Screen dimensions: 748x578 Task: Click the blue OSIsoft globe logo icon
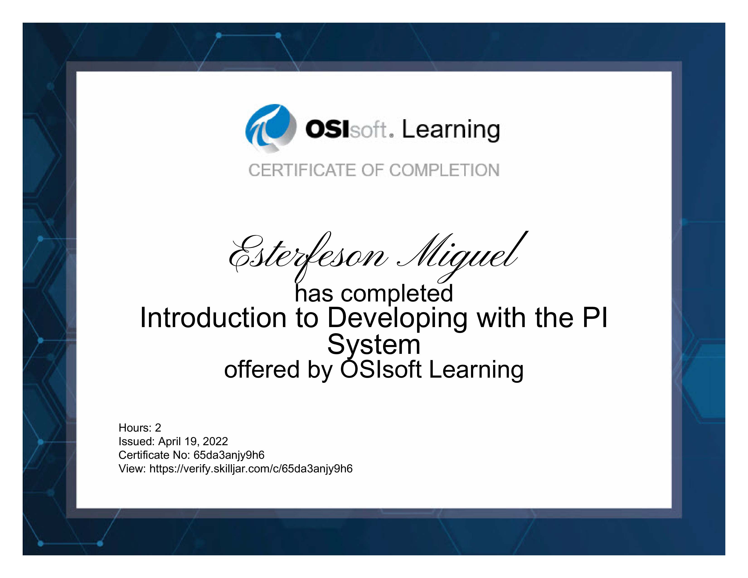pos(271,128)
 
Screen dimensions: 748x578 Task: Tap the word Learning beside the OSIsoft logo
pos(451,131)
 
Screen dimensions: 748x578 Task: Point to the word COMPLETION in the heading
pos(444,170)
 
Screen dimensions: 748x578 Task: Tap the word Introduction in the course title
pos(213,318)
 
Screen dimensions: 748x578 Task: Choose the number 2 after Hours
pos(158,428)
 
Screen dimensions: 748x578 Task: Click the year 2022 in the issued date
pos(215,441)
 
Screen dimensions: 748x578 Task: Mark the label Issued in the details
pos(136,441)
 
